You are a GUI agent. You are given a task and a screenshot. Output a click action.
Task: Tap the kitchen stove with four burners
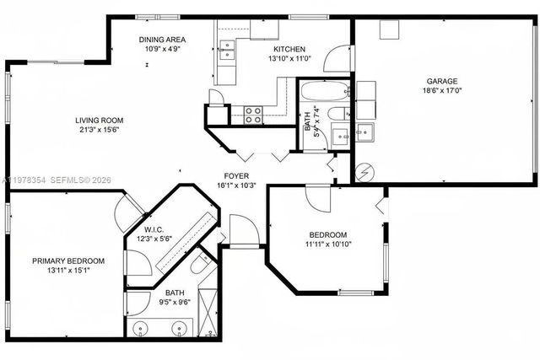click(253, 116)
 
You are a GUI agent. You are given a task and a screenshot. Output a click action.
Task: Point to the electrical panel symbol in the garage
click(364, 170)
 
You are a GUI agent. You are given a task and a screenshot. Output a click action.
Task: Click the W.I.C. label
click(154, 230)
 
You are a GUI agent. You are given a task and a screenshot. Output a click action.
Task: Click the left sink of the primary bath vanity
click(139, 327)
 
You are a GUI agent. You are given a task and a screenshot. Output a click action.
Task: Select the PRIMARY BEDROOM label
click(68, 261)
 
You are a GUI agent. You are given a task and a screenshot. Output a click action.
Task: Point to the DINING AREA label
click(162, 40)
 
